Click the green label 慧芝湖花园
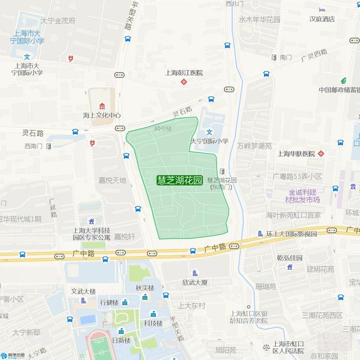tap(179, 181)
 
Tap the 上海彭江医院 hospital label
tap(183, 73)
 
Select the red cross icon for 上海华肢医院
tap(321, 154)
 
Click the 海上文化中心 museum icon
tap(102, 106)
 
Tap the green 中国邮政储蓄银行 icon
tap(342, 80)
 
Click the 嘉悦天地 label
tap(112, 181)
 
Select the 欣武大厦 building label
tap(195, 282)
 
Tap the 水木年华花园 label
tap(259, 19)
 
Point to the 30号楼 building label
tap(163, 128)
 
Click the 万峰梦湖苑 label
tap(254, 145)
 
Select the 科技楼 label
tap(152, 323)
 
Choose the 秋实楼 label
tap(145, 287)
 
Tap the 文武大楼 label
tap(83, 291)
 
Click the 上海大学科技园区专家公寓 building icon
tap(92, 222)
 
